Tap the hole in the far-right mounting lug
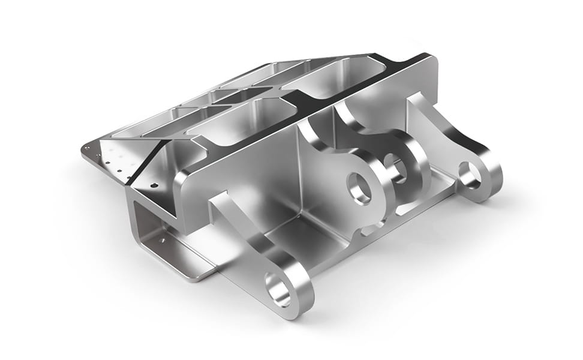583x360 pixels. click(470, 175)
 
